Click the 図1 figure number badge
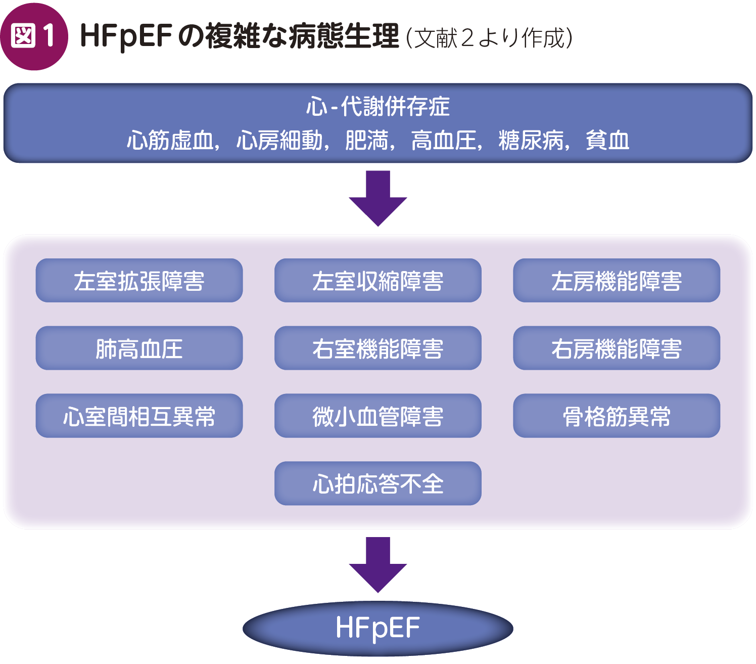(x=34, y=36)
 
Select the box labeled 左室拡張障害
(x=139, y=281)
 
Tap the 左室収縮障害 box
(x=377, y=281)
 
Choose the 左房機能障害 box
(x=616, y=281)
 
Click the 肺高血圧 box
(x=139, y=348)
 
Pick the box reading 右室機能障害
(x=377, y=348)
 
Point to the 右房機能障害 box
(x=616, y=348)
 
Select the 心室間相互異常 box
(x=139, y=416)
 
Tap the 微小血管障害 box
(x=377, y=416)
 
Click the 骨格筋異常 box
(x=616, y=416)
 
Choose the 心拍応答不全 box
(x=377, y=483)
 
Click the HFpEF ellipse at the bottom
(x=377, y=628)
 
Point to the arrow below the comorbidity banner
(x=377, y=198)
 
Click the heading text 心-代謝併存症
(x=377, y=107)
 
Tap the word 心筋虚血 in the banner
(x=170, y=141)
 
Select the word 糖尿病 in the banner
(x=531, y=141)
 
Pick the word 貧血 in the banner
(x=607, y=141)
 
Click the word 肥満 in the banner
(x=367, y=141)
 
